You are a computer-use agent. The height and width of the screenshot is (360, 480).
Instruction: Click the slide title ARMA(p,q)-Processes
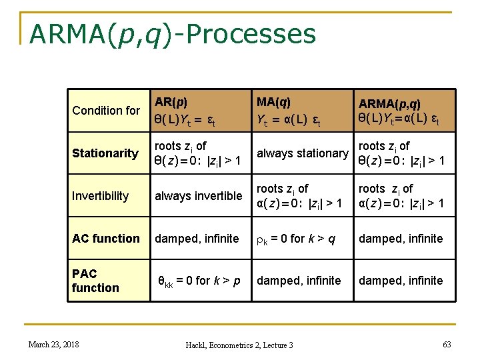(x=172, y=33)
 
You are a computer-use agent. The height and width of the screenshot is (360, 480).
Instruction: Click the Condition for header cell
(x=106, y=111)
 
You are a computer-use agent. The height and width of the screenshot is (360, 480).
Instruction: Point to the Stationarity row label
(x=105, y=153)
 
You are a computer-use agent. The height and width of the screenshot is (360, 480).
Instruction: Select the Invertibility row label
(x=101, y=196)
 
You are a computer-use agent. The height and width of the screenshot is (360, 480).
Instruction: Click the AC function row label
(x=106, y=239)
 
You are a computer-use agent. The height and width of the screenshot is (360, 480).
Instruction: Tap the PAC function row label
(x=95, y=281)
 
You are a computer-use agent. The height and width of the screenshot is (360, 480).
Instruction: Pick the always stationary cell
(x=303, y=153)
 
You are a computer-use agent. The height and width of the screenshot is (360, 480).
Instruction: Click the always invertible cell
(x=199, y=196)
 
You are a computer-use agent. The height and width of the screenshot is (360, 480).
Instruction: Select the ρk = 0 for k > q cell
(x=299, y=239)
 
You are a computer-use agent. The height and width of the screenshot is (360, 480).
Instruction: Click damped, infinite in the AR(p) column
(x=197, y=239)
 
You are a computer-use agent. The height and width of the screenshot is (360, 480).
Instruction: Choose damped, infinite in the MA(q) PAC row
(x=299, y=281)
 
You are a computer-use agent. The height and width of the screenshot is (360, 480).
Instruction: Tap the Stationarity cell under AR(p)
(x=198, y=153)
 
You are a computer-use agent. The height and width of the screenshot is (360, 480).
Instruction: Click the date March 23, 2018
(x=53, y=344)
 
